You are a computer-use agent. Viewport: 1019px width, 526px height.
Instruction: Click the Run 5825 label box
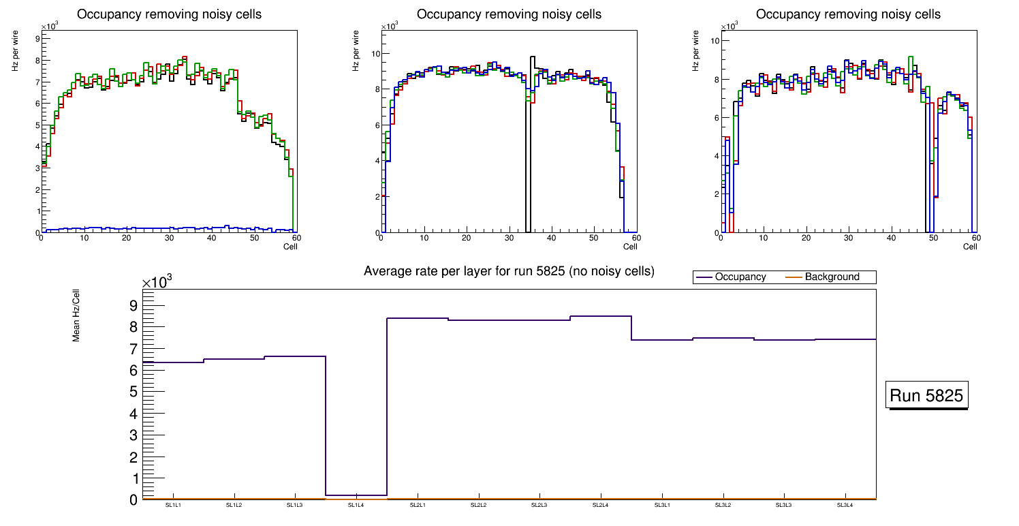coord(926,396)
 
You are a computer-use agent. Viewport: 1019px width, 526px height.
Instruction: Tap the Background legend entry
coord(832,277)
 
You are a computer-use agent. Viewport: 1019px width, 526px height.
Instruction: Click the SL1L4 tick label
coord(356,505)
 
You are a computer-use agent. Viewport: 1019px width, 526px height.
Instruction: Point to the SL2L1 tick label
coord(418,505)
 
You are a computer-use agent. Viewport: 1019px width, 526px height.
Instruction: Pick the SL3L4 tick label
coord(845,505)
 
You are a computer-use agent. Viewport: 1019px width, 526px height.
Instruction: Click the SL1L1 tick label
coord(173,505)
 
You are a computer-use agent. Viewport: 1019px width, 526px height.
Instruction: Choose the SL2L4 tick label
coord(601,505)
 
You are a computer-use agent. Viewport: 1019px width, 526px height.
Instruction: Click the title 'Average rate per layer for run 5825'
coord(509,271)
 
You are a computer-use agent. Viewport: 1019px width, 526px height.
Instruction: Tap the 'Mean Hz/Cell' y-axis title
coord(77,314)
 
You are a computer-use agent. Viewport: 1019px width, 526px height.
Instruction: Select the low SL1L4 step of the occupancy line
coord(356,495)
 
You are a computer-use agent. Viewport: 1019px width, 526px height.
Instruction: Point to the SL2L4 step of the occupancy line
coord(601,316)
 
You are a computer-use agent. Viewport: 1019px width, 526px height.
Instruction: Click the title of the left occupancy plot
coord(169,14)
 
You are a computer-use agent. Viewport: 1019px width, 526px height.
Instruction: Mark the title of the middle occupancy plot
coord(509,14)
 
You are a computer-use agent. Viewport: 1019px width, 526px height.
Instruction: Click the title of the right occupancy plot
coord(848,14)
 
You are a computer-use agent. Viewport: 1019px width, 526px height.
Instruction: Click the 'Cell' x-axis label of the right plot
coord(970,246)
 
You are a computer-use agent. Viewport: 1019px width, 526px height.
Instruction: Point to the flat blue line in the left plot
coord(170,228)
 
